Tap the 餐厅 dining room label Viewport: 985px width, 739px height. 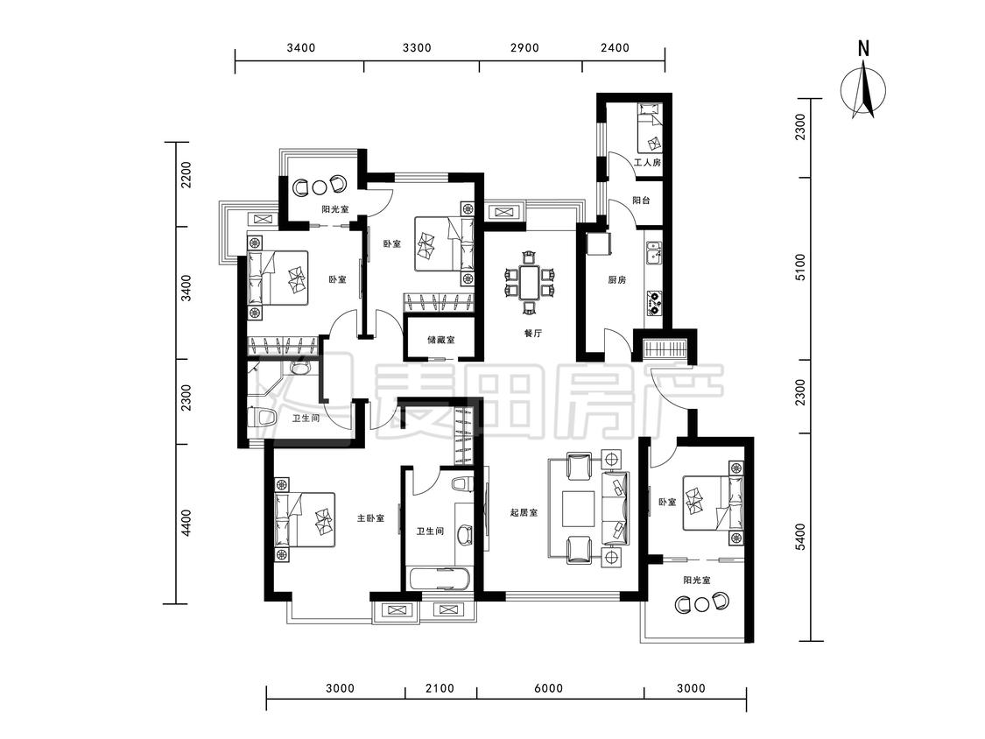[532, 334]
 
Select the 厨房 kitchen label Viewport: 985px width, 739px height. [617, 280]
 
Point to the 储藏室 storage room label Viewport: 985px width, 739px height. [441, 340]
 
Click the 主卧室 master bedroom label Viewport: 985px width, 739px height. [370, 518]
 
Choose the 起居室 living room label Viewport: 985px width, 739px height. [524, 513]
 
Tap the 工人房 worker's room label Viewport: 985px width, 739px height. [648, 163]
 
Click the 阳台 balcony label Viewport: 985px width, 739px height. [642, 201]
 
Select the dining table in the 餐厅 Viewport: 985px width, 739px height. [530, 282]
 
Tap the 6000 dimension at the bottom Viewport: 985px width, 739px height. [548, 688]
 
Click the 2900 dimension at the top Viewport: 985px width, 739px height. [524, 48]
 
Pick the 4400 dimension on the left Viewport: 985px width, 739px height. [186, 524]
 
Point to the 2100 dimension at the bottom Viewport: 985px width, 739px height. [440, 688]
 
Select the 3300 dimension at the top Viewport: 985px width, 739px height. [417, 48]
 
